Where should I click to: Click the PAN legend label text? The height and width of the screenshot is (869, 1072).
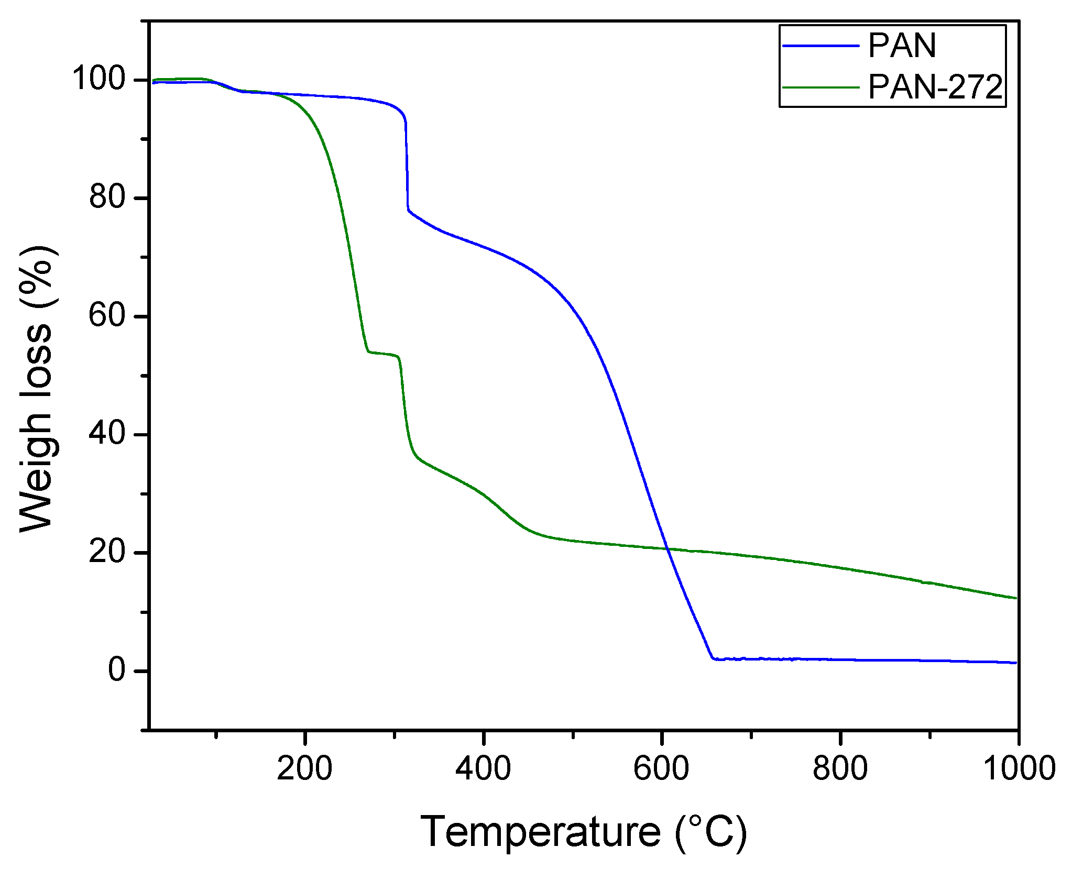(x=902, y=46)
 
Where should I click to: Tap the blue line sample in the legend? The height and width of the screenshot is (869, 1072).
(x=821, y=46)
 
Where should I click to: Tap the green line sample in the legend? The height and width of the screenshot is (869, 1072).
(x=821, y=87)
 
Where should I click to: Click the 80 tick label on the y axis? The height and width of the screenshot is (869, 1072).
(x=107, y=197)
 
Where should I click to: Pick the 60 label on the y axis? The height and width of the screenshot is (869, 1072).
(x=107, y=316)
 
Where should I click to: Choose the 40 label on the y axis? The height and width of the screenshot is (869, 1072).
(x=107, y=434)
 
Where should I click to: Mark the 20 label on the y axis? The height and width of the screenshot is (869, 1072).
(x=107, y=553)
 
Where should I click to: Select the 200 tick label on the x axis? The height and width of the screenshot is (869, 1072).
(x=304, y=768)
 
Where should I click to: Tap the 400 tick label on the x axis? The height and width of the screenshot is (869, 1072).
(x=483, y=768)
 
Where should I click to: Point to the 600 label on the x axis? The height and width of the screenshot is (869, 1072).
(x=661, y=768)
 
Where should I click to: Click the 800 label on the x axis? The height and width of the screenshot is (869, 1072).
(x=840, y=768)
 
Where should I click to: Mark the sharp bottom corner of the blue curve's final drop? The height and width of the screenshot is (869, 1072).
(x=713, y=658)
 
